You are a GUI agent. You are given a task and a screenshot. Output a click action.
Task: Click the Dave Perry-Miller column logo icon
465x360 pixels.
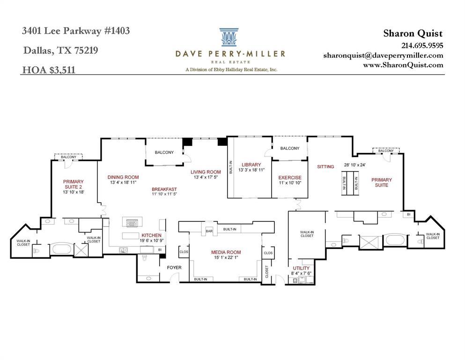[x=230, y=37]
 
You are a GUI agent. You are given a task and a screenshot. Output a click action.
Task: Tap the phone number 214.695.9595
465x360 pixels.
[x=422, y=45]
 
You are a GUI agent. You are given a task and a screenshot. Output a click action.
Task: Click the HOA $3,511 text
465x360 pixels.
[x=49, y=70]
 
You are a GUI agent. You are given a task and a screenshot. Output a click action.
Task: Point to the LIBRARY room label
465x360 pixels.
[x=251, y=165]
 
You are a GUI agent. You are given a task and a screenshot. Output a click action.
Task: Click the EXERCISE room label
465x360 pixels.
[x=289, y=178]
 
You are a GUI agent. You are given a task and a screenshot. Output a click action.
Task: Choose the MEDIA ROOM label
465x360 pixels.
[x=226, y=253]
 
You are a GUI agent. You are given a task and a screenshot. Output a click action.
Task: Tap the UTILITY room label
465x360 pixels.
[x=300, y=269]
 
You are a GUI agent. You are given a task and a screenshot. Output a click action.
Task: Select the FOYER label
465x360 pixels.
[x=174, y=268]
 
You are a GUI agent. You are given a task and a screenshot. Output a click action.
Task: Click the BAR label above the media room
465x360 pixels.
[x=209, y=232]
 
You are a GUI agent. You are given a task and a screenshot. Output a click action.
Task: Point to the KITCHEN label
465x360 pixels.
[x=151, y=235]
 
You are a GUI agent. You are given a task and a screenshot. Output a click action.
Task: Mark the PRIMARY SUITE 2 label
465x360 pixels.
[x=74, y=184]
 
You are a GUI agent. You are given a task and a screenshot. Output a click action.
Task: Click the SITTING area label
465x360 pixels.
[x=325, y=166]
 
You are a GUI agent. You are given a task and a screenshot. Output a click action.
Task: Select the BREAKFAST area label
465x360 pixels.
[x=164, y=189]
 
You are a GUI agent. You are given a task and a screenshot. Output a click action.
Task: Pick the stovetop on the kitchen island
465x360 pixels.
[x=131, y=223]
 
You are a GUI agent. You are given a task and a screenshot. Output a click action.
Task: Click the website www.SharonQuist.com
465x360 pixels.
[x=403, y=65]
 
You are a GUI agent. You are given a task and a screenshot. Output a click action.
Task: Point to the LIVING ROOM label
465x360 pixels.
[x=205, y=172]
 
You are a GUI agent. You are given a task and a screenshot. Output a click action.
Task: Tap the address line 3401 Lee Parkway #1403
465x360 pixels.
[x=76, y=31]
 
